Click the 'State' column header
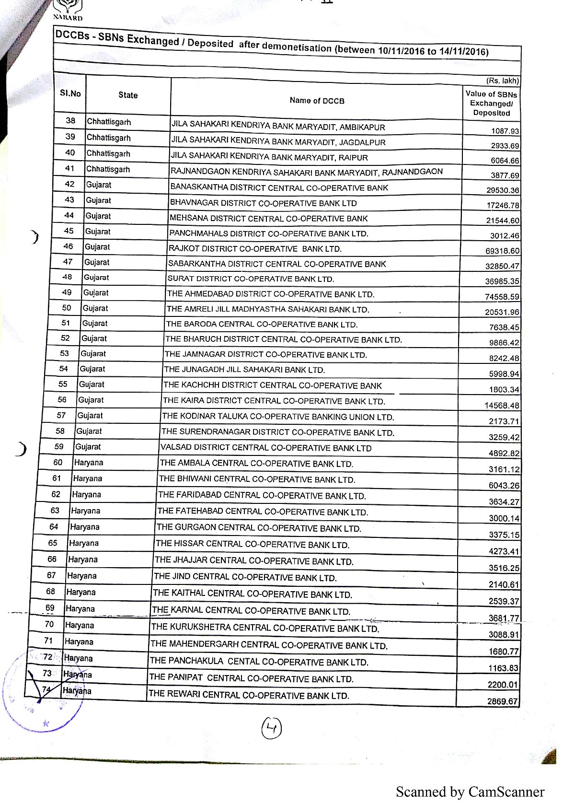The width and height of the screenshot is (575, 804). (x=128, y=95)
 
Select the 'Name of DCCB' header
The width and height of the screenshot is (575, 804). (x=317, y=101)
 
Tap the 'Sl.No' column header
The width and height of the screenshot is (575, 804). (x=70, y=93)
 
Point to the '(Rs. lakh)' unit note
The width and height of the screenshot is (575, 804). (x=503, y=81)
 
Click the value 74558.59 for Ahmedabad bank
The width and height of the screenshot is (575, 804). (x=502, y=297)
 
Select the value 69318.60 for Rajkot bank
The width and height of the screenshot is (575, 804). (x=502, y=251)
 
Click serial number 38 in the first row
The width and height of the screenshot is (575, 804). (x=70, y=121)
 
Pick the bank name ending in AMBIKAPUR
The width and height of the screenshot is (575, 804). (x=278, y=126)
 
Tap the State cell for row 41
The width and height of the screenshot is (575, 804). (x=108, y=169)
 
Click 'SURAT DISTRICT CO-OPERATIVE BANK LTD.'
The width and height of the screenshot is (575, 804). (x=251, y=279)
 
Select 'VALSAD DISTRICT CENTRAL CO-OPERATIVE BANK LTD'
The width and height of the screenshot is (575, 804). (x=266, y=448)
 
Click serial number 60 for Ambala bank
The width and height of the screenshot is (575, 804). (x=57, y=463)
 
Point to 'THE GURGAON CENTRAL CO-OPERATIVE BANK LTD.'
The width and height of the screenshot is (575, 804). (x=259, y=528)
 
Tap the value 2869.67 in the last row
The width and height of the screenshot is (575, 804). (x=503, y=701)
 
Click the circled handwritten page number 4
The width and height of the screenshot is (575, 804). (x=271, y=729)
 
